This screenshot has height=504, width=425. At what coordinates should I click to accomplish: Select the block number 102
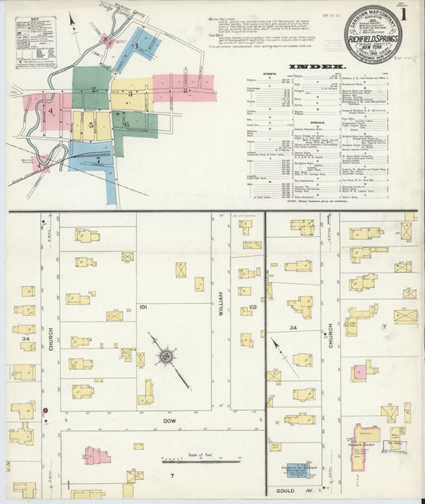pos(253,306)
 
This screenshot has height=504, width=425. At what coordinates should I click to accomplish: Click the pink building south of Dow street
pos(96,456)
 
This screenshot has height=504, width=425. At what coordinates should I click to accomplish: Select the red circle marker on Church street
pos(46,410)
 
